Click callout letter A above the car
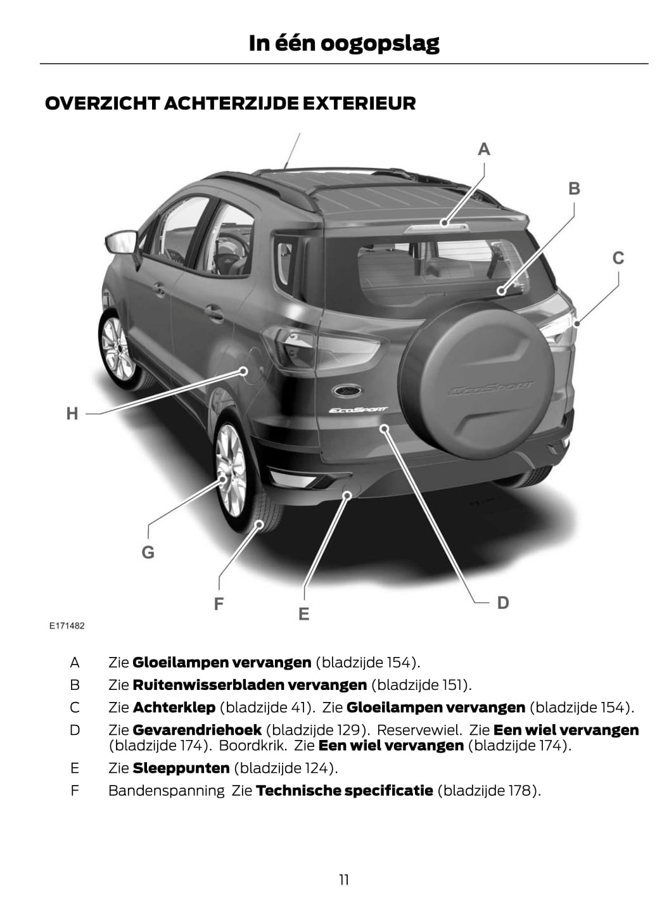click(x=484, y=150)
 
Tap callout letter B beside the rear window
click(x=574, y=189)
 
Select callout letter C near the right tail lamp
click(x=618, y=258)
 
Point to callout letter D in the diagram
click(x=503, y=602)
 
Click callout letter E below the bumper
click(x=304, y=614)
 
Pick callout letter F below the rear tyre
click(x=219, y=604)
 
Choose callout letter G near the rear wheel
click(x=148, y=552)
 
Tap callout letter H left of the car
click(x=72, y=414)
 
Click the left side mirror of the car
click(x=121, y=241)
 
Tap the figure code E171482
click(x=67, y=626)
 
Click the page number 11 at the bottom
click(x=343, y=879)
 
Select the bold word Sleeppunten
click(x=181, y=768)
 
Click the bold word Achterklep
click(x=174, y=707)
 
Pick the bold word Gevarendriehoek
click(x=197, y=730)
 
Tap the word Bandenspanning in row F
click(x=166, y=791)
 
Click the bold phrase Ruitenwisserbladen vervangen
click(x=250, y=685)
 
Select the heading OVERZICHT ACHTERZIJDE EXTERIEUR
click(x=231, y=103)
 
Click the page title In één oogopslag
click(x=343, y=43)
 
